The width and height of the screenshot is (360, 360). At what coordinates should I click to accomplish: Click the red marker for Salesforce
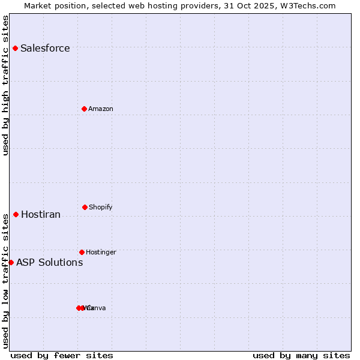15,48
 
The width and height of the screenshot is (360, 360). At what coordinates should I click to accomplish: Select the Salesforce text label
45,49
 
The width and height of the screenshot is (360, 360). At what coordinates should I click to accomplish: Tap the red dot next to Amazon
85,109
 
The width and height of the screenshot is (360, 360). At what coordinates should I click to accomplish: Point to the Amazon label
101,109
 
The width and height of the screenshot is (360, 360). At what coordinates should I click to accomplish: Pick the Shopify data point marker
85,207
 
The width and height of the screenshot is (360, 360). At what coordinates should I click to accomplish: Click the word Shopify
101,208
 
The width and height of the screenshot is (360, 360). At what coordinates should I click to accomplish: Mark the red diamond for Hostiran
16,214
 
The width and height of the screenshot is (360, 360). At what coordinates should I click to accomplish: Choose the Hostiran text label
41,215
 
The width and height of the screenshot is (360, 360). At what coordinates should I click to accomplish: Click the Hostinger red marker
82,252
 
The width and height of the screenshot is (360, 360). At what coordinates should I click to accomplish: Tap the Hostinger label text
101,253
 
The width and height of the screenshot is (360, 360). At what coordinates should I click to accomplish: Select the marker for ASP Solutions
11,262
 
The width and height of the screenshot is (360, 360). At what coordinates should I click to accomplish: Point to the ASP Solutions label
50,263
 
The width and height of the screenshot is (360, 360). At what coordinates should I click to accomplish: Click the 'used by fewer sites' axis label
62,355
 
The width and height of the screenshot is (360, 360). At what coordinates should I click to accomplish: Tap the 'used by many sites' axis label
301,355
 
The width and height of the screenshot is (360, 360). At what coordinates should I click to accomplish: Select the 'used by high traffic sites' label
5,85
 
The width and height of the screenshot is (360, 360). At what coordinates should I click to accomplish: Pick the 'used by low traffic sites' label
5,281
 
